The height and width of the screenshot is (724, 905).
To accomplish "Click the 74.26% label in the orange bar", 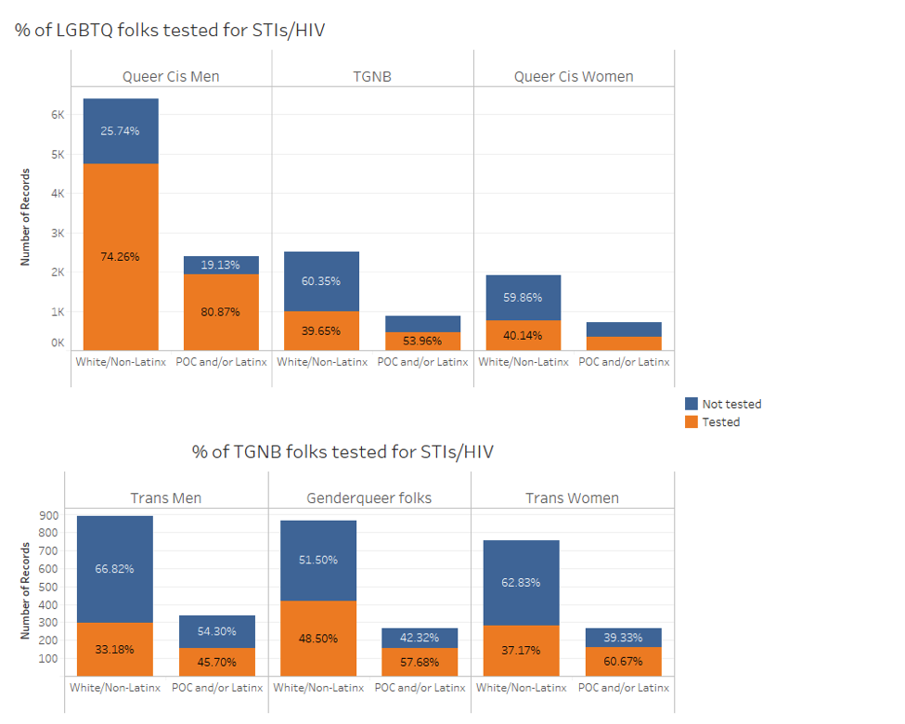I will (120, 256).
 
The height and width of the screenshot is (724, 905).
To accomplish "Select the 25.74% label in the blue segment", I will (120, 131).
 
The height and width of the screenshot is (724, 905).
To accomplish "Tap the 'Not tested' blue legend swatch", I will (691, 404).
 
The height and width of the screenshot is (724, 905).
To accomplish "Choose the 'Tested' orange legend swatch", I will (691, 422).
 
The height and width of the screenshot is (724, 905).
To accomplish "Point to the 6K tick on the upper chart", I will (58, 115).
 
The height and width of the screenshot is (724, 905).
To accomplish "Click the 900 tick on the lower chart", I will (49, 515).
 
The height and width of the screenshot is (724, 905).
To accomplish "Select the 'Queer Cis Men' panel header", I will (171, 76).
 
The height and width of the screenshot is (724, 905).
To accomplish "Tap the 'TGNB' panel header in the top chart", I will (372, 76).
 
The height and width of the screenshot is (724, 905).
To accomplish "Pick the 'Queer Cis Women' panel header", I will (574, 76).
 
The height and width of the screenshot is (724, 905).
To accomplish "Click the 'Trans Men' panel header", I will (165, 498).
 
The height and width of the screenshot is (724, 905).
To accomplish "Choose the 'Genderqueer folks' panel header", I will (368, 498).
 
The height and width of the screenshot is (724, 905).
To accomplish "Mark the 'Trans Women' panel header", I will (572, 498).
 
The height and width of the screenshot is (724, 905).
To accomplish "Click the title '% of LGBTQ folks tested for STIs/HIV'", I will (170, 30).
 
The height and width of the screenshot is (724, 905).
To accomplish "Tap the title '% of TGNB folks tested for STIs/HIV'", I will (343, 452).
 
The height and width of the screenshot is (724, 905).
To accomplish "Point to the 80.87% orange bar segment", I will (220, 312).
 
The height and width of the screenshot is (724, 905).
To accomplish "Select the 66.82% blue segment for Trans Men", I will (114, 569).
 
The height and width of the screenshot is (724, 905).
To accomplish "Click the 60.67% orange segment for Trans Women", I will (623, 662).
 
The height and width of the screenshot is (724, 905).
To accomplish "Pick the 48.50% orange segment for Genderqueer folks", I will (317, 639).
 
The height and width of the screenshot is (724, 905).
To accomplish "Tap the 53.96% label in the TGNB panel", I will (422, 341).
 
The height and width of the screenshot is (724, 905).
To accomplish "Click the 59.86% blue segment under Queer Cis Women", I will (523, 298).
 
